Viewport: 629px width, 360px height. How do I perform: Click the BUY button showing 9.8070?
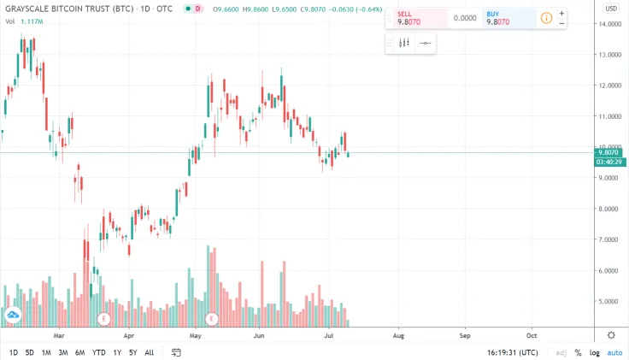click(508, 18)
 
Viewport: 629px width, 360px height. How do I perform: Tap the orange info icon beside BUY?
click(546, 17)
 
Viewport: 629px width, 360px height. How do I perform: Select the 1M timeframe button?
click(46, 352)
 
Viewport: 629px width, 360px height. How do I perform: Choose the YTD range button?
click(98, 352)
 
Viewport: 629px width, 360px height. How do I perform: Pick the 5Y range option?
click(133, 352)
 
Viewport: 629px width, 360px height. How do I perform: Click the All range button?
click(150, 352)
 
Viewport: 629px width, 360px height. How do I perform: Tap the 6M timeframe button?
click(79, 352)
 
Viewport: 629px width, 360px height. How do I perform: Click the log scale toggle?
click(595, 352)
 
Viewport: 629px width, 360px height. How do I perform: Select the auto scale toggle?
click(614, 352)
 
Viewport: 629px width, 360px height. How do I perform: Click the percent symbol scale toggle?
click(578, 352)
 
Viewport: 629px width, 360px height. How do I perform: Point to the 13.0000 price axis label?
click(610, 55)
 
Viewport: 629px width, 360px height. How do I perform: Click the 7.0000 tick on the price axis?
click(610, 239)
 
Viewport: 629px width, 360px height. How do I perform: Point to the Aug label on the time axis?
click(397, 335)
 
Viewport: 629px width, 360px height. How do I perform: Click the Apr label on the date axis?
click(128, 335)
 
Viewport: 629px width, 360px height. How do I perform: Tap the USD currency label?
click(611, 8)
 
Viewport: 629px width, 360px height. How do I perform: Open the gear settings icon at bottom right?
click(611, 334)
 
